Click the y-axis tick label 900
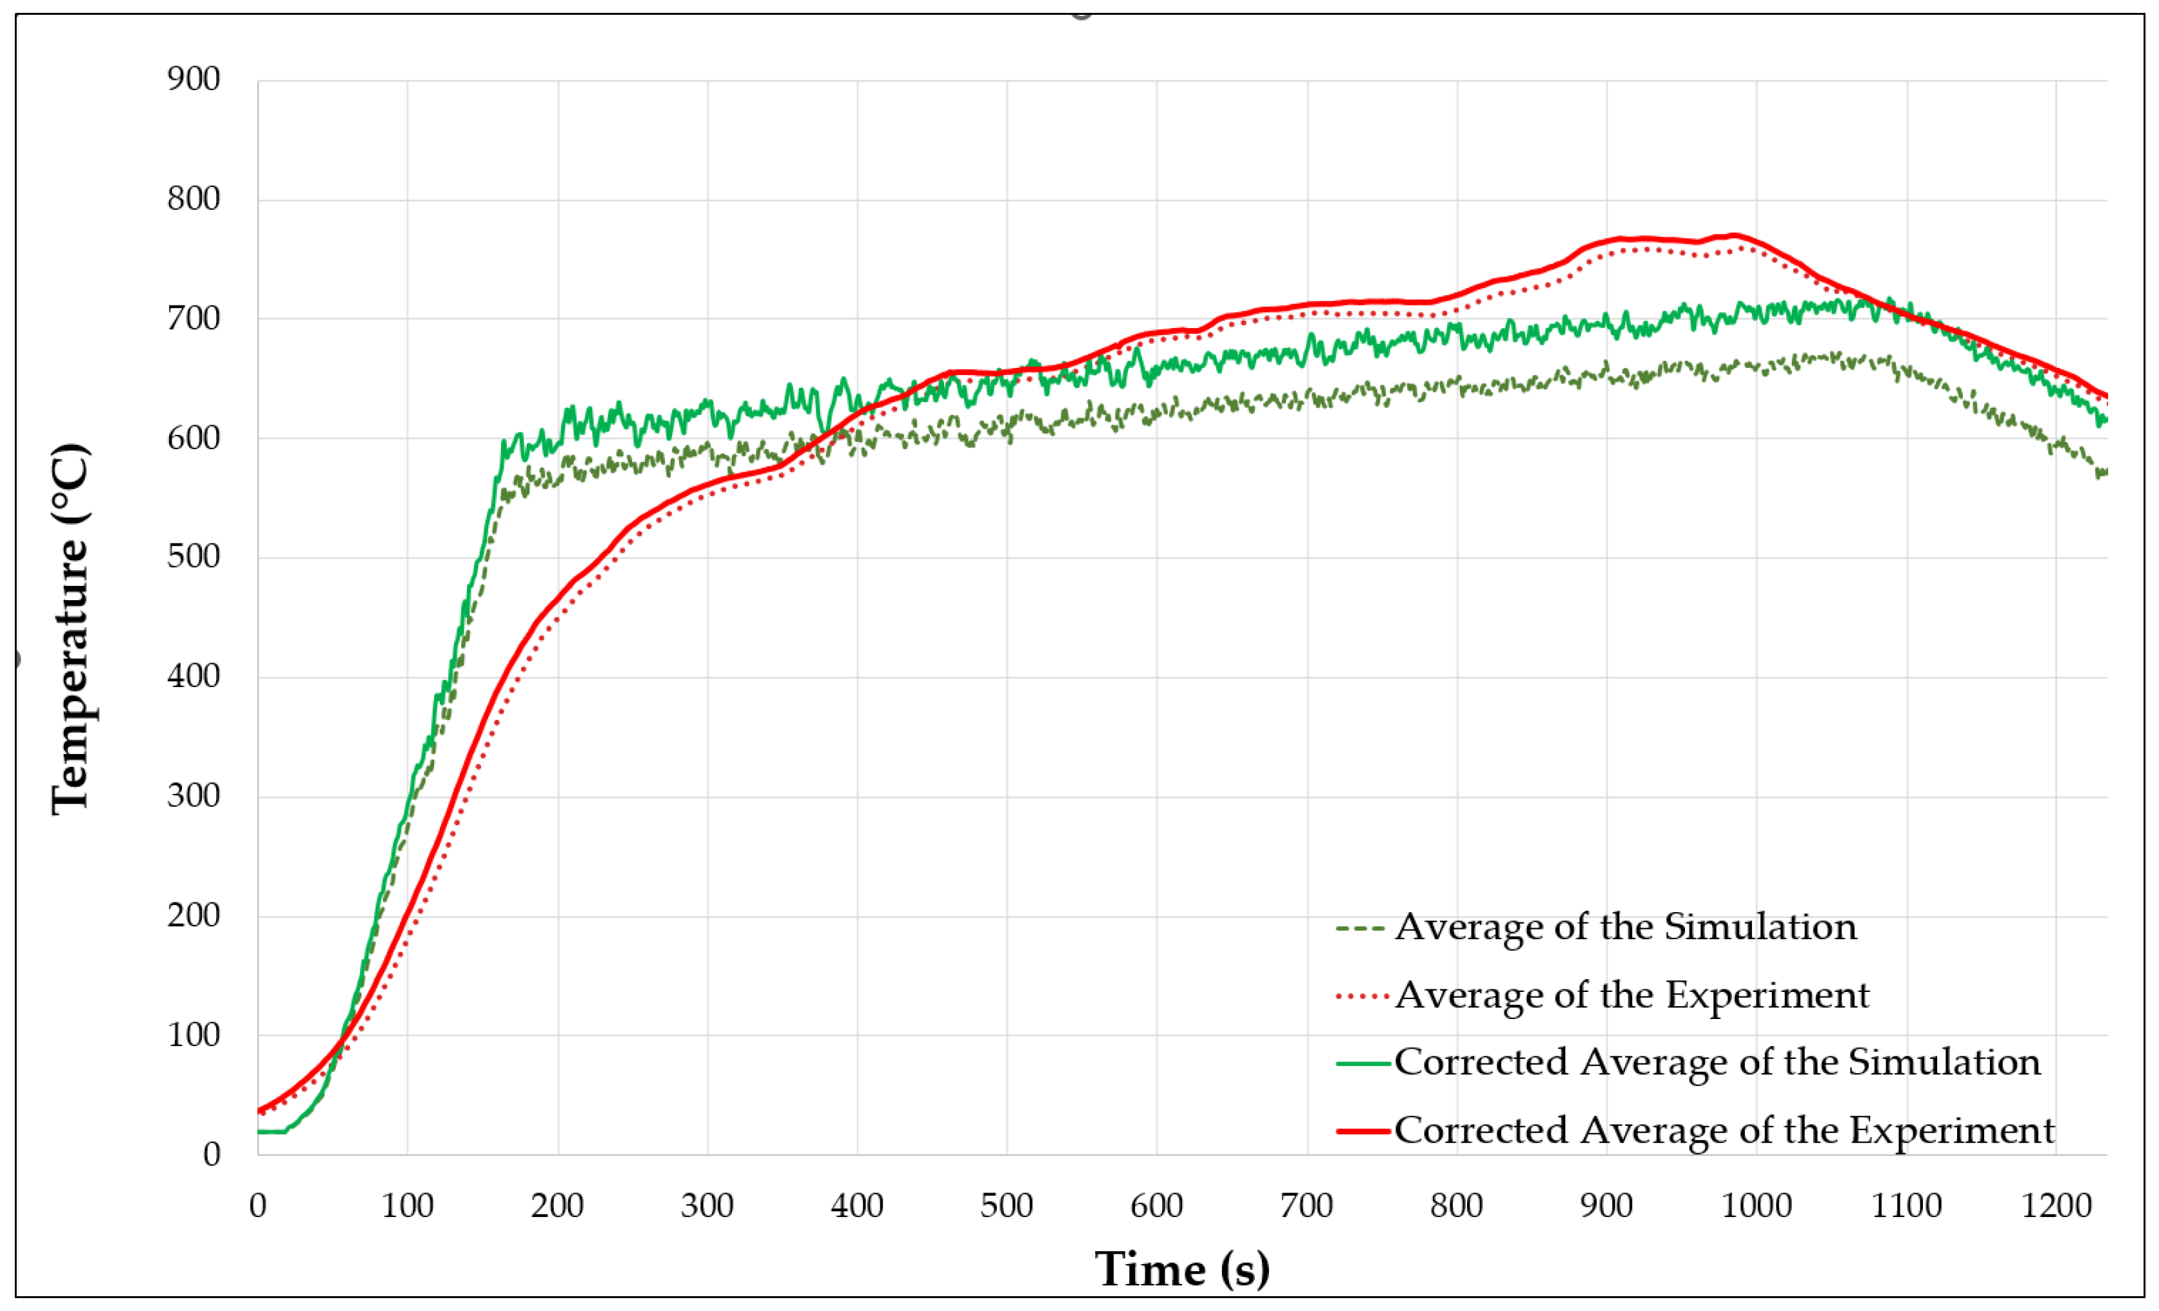(x=193, y=80)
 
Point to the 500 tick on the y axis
(x=193, y=556)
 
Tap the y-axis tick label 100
(x=193, y=1035)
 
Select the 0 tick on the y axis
(x=211, y=1154)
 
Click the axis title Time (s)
(x=1182, y=1268)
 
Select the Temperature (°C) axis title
(x=70, y=629)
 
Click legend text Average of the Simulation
(x=1625, y=926)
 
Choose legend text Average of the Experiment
(x=1632, y=995)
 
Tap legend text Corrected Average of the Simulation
(x=1717, y=1062)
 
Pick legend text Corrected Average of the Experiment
(x=1724, y=1130)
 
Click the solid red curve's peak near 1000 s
(x=1733, y=235)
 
